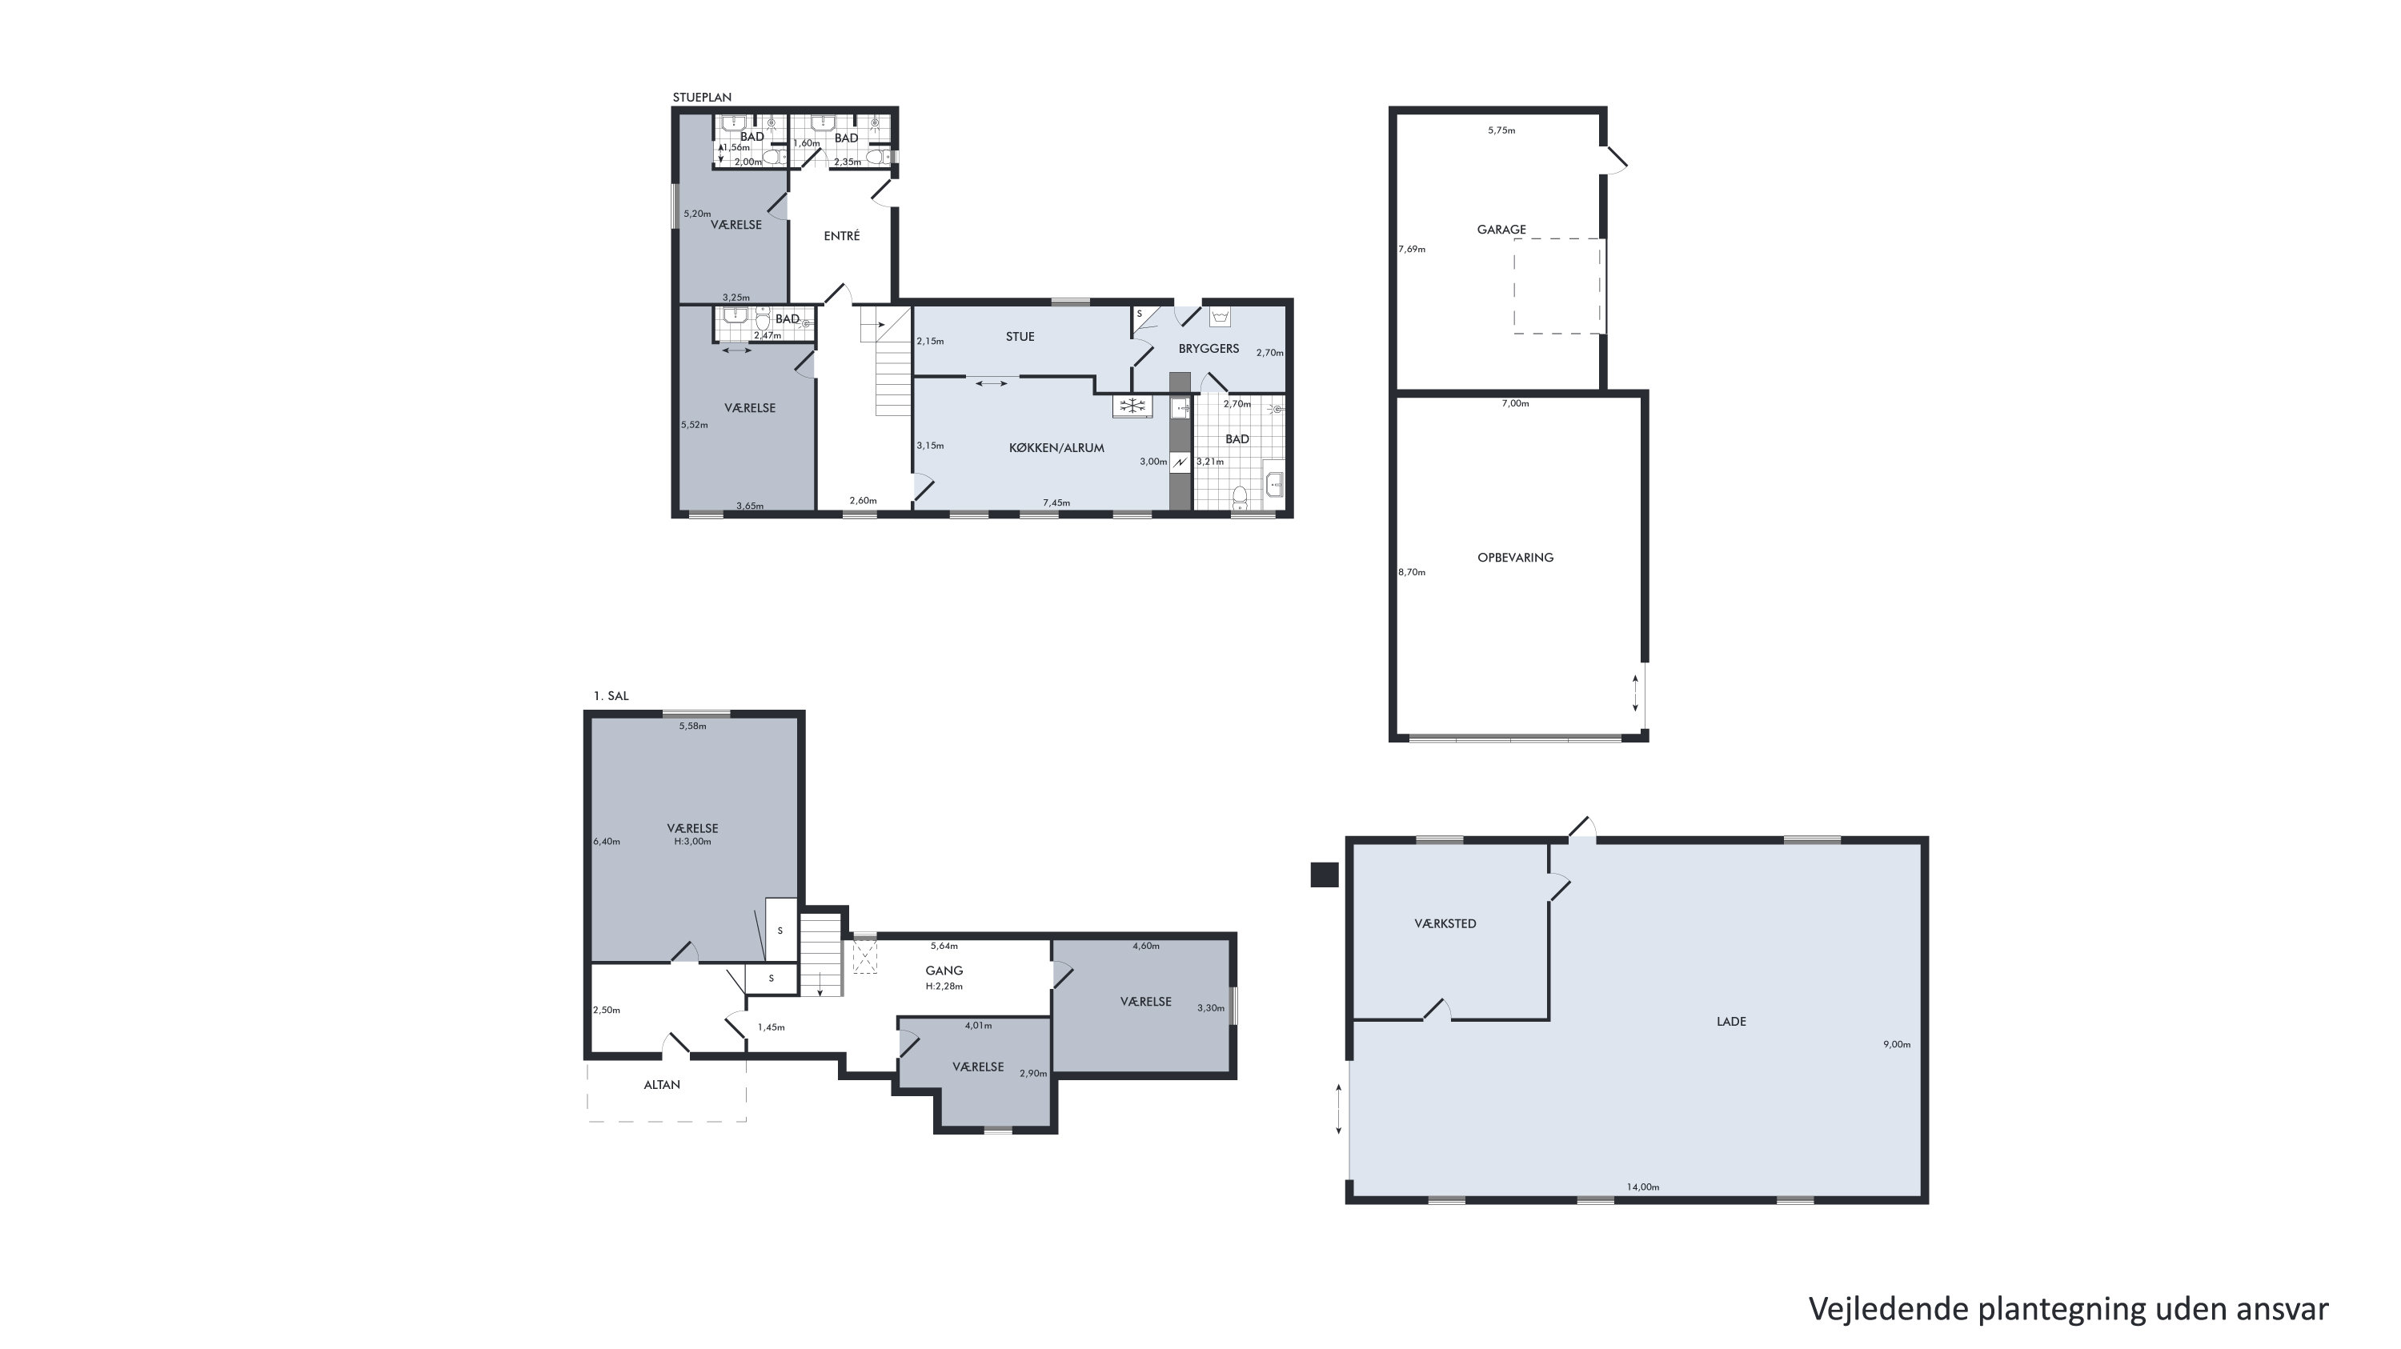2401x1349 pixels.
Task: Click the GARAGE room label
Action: click(x=1501, y=229)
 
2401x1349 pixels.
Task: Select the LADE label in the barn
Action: click(x=1731, y=1021)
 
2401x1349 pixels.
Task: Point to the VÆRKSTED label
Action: click(x=1445, y=923)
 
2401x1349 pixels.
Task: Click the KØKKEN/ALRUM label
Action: click(x=1056, y=447)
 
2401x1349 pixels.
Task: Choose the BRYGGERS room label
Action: click(x=1208, y=348)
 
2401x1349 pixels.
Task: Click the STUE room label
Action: click(x=1020, y=336)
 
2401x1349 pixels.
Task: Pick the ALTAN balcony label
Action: click(x=662, y=1084)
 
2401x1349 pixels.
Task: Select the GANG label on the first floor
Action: click(x=944, y=970)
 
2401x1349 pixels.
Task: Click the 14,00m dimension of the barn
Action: click(x=1642, y=1187)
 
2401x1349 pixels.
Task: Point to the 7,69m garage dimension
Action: click(x=1411, y=249)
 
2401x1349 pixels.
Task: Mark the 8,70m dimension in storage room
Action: click(x=1411, y=572)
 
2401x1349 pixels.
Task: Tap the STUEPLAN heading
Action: click(x=702, y=97)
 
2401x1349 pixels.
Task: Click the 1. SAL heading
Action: click(x=611, y=696)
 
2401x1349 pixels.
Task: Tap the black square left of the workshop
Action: click(x=1325, y=875)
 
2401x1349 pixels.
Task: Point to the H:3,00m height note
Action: click(x=692, y=841)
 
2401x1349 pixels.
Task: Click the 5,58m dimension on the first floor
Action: click(x=692, y=726)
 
